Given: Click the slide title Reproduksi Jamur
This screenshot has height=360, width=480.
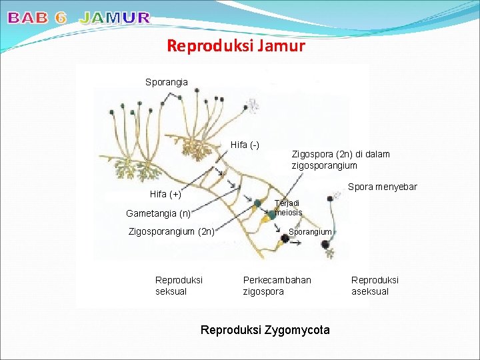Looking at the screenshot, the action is [236, 46].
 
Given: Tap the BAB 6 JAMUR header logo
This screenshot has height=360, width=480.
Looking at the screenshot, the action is [79, 18].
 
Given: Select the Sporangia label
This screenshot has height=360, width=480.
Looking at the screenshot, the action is [167, 82].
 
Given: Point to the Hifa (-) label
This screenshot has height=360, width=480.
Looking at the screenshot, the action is [245, 145].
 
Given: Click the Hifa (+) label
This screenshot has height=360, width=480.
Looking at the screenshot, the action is [165, 194].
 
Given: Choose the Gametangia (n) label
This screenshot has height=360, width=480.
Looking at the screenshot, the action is [159, 213].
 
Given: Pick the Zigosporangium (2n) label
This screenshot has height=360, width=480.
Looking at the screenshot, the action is [171, 231].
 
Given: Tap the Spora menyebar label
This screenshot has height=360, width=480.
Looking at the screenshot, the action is [383, 187].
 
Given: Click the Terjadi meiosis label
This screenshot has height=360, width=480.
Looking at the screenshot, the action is [289, 207].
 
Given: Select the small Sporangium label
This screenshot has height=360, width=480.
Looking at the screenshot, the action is [310, 231].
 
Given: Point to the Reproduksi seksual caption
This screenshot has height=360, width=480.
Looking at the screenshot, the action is [179, 285].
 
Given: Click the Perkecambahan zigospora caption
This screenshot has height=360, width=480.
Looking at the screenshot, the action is [277, 285].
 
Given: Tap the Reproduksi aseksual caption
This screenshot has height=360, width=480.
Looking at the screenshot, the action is [375, 285].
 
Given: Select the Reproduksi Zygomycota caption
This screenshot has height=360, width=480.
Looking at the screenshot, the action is [265, 330].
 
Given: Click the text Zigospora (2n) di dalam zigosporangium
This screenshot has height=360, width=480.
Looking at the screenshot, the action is [341, 159].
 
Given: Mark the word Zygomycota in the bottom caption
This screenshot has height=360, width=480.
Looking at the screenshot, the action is [296, 330].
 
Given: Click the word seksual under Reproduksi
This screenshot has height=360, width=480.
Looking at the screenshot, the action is [171, 291].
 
